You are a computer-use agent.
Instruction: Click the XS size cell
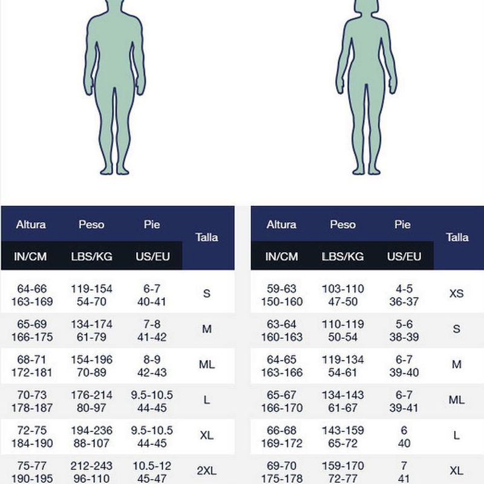(x=456, y=294)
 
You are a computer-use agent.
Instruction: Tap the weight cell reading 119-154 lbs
(x=91, y=295)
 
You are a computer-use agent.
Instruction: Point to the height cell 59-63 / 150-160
(x=281, y=295)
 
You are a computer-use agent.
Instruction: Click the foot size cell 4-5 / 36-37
(x=404, y=295)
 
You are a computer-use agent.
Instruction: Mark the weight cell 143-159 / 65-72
(x=342, y=437)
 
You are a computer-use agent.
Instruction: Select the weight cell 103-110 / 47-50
(x=342, y=295)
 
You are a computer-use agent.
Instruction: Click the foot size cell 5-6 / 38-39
(x=404, y=330)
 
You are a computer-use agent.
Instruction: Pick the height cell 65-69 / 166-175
(x=31, y=330)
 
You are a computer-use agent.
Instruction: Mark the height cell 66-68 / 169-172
(x=281, y=437)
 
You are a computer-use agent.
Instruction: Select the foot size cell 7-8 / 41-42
(x=152, y=330)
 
